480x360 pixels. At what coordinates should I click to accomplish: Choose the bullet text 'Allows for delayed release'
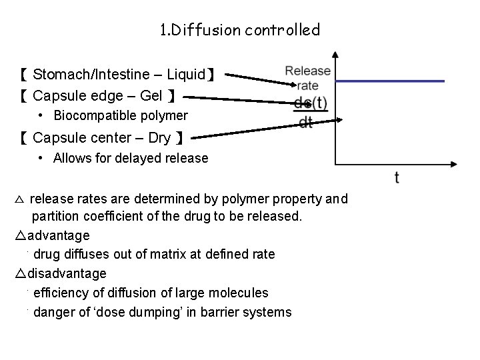click(131, 159)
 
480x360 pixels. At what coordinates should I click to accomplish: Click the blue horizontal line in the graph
click(391, 81)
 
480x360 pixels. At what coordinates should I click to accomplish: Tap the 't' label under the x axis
click(397, 177)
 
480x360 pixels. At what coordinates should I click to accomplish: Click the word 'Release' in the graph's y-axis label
click(308, 71)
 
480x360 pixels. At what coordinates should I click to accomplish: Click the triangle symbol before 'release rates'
click(19, 199)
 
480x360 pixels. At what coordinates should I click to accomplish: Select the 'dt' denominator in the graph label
click(305, 123)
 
